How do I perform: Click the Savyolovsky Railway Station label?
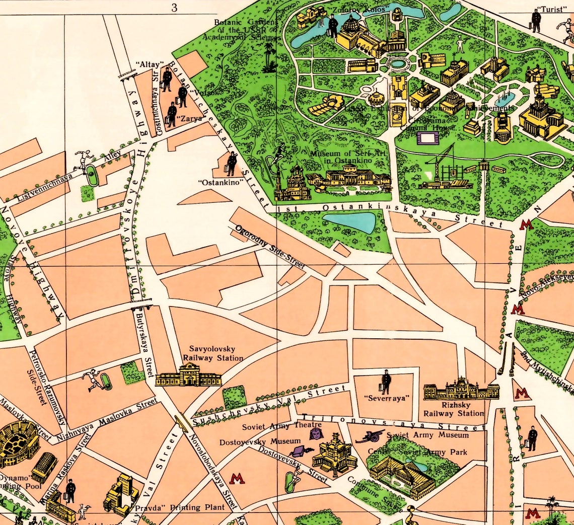coord(212,353)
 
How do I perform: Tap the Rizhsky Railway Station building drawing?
coord(461,390)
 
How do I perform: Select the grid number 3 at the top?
coord(174,7)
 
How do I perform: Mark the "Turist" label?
coord(551,9)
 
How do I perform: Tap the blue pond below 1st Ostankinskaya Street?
coord(349,222)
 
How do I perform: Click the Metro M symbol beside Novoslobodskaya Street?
coord(237,478)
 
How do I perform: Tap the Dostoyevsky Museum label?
coord(260,442)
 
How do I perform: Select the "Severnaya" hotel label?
coord(386,398)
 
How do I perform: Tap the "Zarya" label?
coord(189,119)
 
